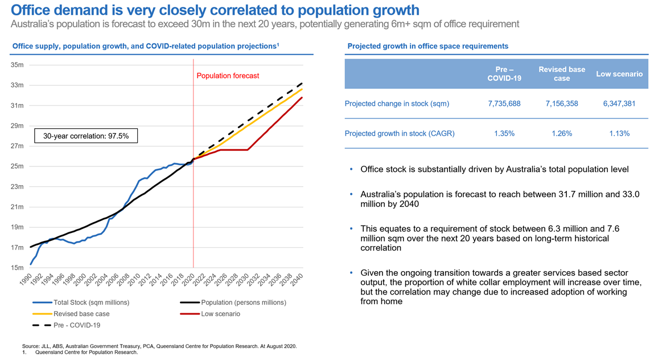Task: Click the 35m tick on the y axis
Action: coord(17,65)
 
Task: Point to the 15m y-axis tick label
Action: coord(17,267)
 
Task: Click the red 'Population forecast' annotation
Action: coord(228,76)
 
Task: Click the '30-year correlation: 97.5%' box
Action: coord(86,136)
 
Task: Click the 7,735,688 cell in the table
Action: coord(504,104)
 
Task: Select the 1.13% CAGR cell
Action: coord(619,134)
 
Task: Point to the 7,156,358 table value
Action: coord(561,104)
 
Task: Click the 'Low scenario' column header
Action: coord(619,74)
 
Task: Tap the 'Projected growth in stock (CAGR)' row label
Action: coord(400,134)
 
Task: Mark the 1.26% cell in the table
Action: coord(561,134)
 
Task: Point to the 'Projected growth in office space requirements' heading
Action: coord(427,46)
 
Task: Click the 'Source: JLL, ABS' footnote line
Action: coord(159,346)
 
